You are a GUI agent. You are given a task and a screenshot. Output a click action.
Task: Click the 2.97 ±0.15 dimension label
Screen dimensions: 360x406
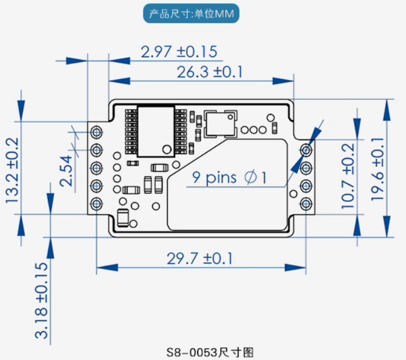point(179,52)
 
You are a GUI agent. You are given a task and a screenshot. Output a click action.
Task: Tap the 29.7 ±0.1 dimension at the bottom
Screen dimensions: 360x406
point(199,258)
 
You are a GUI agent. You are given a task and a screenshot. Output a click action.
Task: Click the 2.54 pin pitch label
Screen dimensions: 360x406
point(67,170)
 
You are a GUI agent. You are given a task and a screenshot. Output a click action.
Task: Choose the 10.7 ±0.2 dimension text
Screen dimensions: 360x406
point(348,176)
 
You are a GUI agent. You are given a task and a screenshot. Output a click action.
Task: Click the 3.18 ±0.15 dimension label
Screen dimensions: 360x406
point(42,300)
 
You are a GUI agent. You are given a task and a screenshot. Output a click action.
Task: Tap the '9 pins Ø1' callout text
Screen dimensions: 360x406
point(229,177)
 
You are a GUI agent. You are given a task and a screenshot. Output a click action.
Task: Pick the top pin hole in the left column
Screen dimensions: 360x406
point(96,132)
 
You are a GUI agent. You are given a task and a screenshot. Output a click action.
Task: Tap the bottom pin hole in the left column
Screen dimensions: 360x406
point(96,203)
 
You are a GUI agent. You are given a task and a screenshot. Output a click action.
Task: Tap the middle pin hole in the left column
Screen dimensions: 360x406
point(96,167)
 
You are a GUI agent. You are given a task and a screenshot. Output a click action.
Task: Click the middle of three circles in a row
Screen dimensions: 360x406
point(253,130)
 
